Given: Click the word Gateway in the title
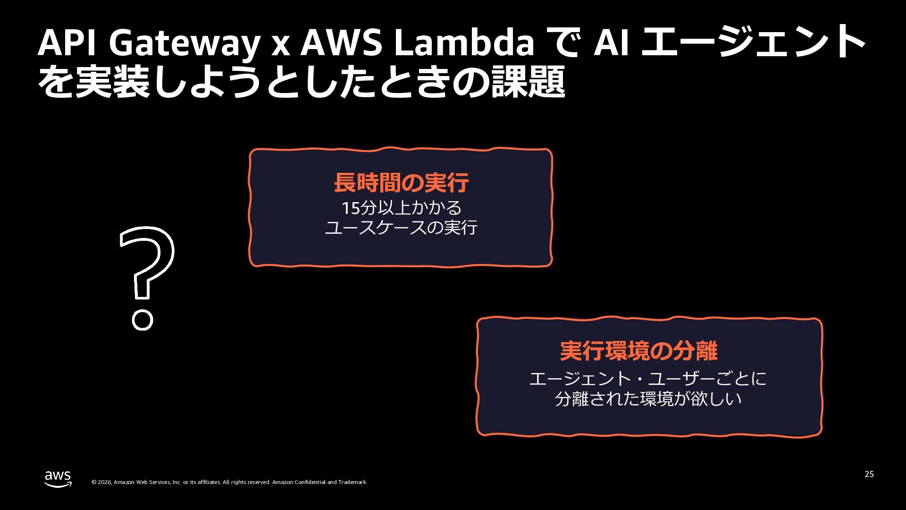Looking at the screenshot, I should pos(184,43).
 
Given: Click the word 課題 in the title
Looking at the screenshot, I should pos(528,82).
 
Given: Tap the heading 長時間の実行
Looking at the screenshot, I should pos(401,183).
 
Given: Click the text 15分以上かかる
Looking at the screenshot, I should pos(401,208).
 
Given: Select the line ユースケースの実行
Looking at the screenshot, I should pos(401,228).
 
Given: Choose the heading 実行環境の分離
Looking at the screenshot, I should pos(638,351).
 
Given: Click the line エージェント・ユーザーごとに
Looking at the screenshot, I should pos(648,379).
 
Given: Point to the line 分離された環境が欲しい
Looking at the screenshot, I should pos(648,399).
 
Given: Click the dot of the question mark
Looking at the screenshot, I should pos(142,320).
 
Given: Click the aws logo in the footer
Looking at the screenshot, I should pos(58,478).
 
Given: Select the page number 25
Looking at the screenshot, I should pos(869,474).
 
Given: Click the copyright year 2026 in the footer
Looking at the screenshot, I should pos(104,482).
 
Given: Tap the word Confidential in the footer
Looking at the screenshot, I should pos(310,482).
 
